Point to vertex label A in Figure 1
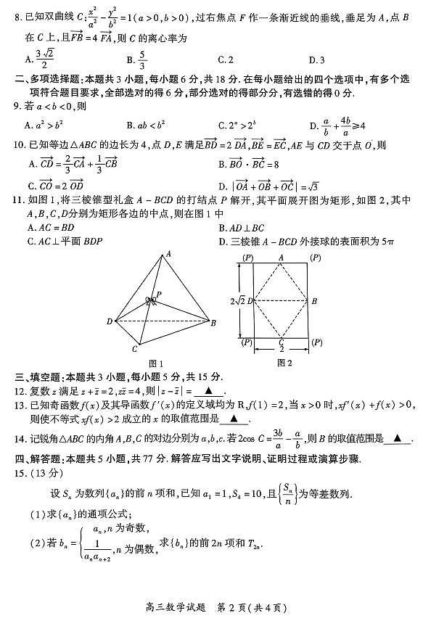(x=168, y=254)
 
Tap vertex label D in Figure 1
(x=110, y=321)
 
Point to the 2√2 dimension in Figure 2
(x=226, y=300)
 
